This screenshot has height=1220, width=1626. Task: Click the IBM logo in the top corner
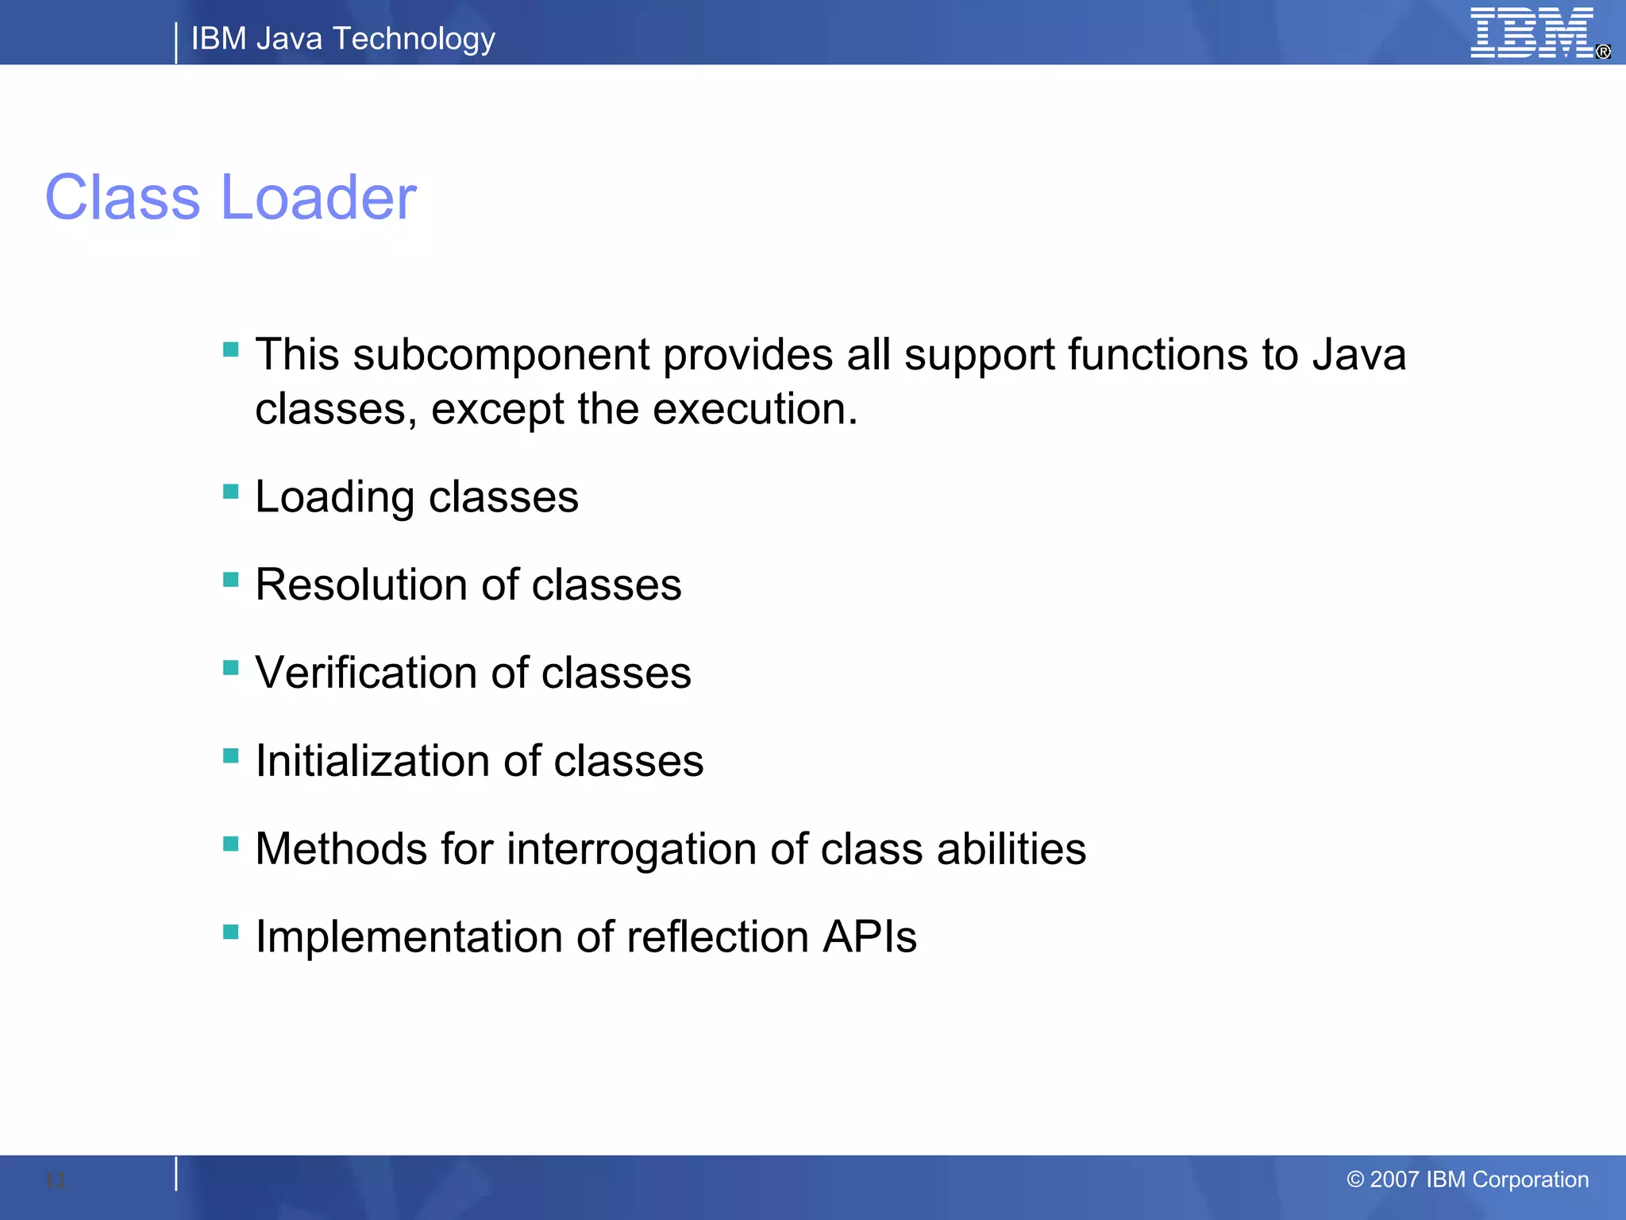1532,33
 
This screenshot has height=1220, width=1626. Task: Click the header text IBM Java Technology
343,38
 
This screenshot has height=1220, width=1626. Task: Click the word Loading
334,498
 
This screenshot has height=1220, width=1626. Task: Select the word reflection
717,937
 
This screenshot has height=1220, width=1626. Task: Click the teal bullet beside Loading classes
231,492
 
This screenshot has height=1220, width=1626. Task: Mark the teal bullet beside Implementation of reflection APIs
231,932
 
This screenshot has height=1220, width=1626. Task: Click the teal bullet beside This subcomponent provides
231,349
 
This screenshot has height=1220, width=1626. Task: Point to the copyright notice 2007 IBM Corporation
1467,1179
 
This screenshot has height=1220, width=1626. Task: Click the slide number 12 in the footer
55,1180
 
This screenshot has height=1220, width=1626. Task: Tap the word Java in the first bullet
1358,354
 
